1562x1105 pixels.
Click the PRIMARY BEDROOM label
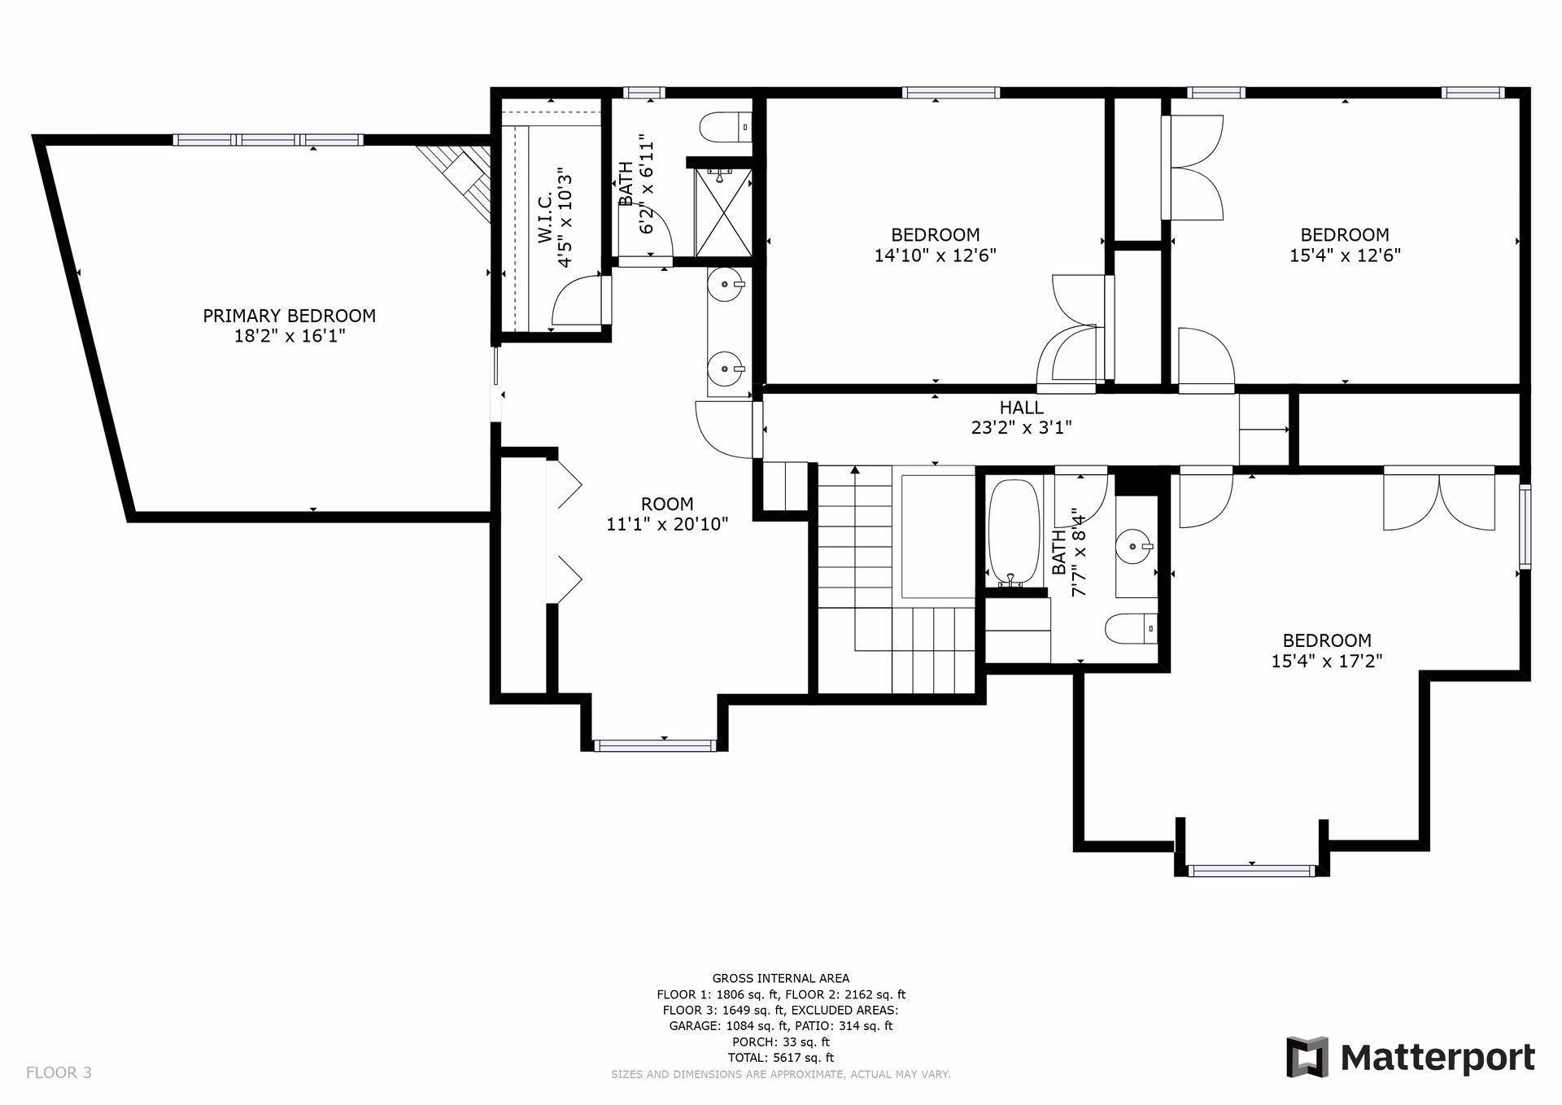click(x=289, y=316)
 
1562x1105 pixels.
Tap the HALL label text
click(x=1021, y=408)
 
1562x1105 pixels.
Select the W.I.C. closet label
click(x=544, y=217)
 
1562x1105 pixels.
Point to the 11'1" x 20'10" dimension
click(x=667, y=525)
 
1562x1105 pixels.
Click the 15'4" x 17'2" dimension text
click(x=1327, y=662)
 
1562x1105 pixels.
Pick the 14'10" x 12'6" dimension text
click(x=935, y=256)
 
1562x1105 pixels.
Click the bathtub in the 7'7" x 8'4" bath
click(x=1013, y=533)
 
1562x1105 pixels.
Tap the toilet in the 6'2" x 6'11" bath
click(x=725, y=127)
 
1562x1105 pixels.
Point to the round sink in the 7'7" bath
click(x=1135, y=545)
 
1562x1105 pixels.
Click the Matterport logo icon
click(x=1307, y=1058)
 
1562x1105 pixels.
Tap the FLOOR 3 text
click(x=59, y=1072)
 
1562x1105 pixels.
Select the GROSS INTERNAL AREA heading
click(x=781, y=978)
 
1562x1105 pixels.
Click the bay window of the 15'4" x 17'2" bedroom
click(x=1251, y=869)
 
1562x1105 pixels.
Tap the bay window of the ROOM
click(x=655, y=745)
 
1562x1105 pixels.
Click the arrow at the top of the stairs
click(x=855, y=470)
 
